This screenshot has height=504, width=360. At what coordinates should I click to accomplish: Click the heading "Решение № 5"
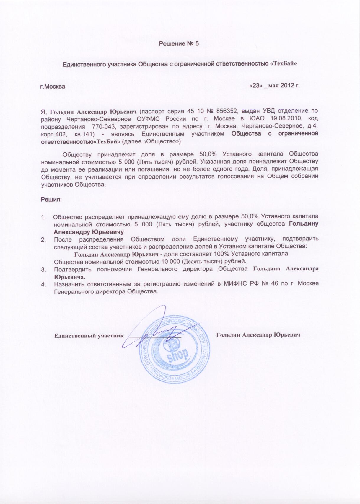click(x=179, y=44)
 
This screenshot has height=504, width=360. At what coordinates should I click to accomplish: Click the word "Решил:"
click(x=51, y=199)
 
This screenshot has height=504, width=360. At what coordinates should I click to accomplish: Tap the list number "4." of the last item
click(x=43, y=284)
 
